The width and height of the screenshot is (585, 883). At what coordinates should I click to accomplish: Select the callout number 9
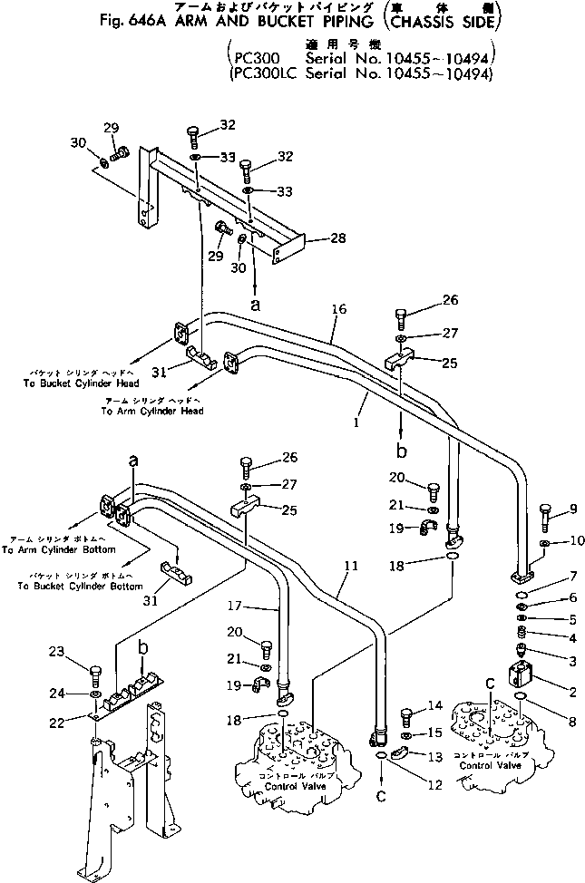click(572, 509)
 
